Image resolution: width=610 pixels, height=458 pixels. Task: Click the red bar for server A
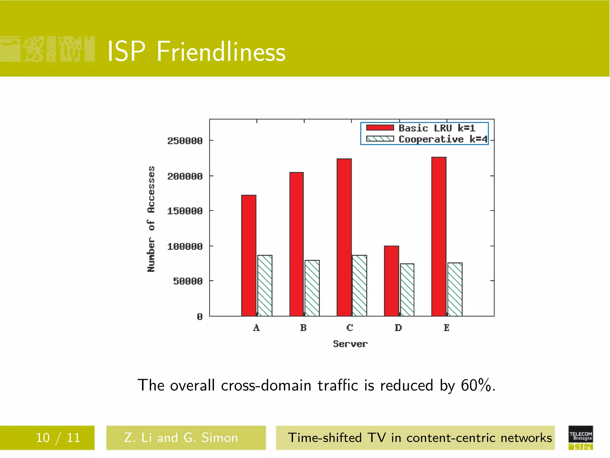(249, 256)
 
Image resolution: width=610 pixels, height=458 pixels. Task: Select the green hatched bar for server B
(312, 288)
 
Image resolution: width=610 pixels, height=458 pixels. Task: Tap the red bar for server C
(344, 237)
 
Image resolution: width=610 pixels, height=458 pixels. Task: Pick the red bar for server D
(391, 281)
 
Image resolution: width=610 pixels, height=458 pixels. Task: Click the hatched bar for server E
(455, 289)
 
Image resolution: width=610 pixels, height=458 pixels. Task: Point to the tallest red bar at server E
(439, 236)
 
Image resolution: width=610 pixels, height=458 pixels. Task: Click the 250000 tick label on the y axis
(185, 141)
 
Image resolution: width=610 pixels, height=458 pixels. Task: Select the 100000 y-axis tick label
(185, 247)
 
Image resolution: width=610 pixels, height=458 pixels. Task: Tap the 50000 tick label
(188, 281)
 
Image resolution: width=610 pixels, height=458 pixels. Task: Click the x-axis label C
(350, 328)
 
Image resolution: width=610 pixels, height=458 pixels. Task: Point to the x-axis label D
(398, 328)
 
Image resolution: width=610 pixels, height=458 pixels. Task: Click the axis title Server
(350, 344)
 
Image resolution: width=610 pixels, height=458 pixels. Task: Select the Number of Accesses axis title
(151, 219)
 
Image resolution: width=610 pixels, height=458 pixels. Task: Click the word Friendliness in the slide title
(221, 52)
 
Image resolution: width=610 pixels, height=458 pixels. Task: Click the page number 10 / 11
(58, 438)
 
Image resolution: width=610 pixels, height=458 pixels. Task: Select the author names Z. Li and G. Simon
(181, 438)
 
